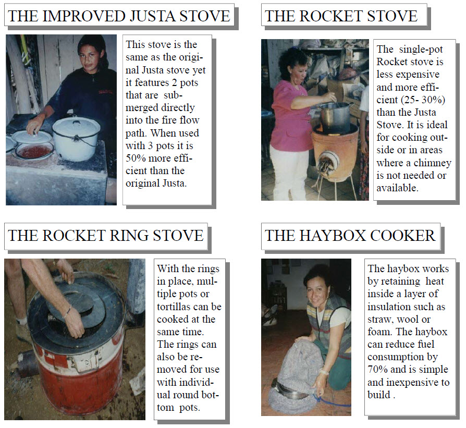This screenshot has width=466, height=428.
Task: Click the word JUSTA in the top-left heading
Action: [152, 16]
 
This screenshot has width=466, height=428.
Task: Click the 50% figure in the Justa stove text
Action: [135, 158]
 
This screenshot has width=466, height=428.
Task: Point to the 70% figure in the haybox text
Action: [377, 370]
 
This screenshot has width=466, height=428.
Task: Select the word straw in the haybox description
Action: [377, 320]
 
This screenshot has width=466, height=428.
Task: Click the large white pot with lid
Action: [76, 138]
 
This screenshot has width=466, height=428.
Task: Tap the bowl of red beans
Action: [34, 151]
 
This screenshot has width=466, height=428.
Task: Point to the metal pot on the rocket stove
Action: [336, 117]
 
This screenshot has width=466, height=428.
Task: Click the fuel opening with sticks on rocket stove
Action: [327, 164]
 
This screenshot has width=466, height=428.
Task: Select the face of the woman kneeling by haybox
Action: [317, 289]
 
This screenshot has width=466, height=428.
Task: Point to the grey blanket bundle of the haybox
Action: [297, 377]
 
